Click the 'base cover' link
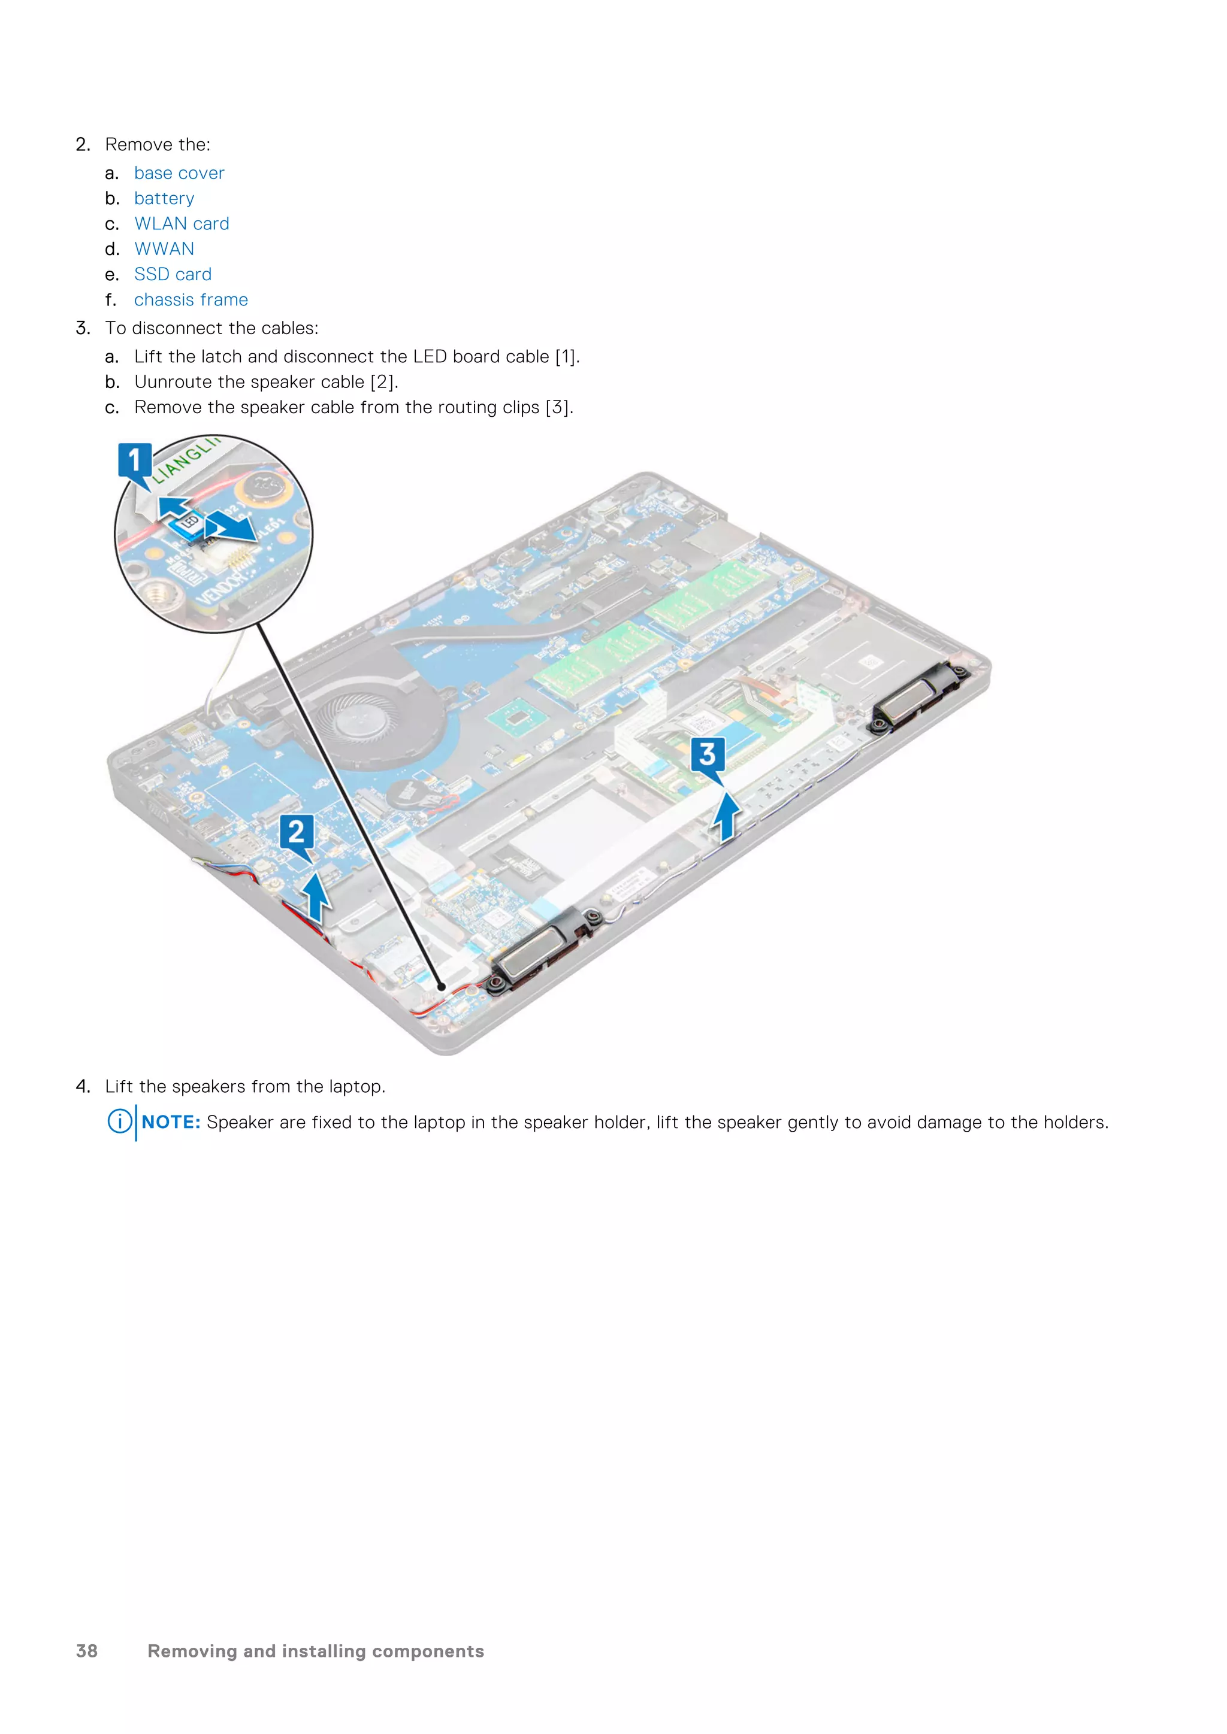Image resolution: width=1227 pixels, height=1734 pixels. click(x=179, y=173)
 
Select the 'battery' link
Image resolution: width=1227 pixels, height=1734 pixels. click(x=164, y=199)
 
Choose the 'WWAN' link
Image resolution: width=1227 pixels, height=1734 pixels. click(x=164, y=249)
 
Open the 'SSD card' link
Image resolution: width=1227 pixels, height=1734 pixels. click(x=173, y=274)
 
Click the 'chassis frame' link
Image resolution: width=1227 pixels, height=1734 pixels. click(x=191, y=300)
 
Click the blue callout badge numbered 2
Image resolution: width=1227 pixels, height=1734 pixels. click(x=296, y=832)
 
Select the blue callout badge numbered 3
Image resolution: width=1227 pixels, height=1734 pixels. click(x=707, y=754)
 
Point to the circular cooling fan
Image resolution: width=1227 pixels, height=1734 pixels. click(x=368, y=717)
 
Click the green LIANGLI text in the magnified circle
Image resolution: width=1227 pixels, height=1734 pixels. click(x=185, y=459)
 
